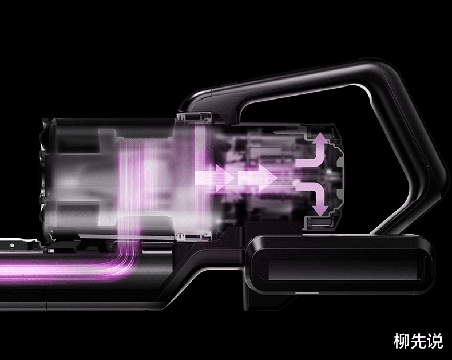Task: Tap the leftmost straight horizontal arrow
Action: click(214, 177)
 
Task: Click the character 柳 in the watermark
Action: click(402, 341)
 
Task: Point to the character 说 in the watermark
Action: click(435, 341)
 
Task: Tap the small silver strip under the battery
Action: click(307, 293)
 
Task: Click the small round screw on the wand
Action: click(11, 246)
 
